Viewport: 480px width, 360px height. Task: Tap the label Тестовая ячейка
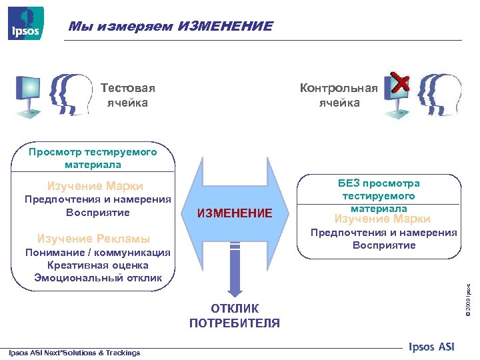pyautogui.click(x=127, y=95)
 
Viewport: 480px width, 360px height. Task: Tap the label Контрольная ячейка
pyautogui.click(x=339, y=95)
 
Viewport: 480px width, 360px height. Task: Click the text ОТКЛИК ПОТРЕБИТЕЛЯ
pyautogui.click(x=235, y=316)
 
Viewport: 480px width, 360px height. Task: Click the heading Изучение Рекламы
pyautogui.click(x=94, y=239)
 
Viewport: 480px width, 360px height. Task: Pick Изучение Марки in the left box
pyautogui.click(x=95, y=186)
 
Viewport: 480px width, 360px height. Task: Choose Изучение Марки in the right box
pyautogui.click(x=382, y=219)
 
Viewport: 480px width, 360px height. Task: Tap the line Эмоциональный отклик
pyautogui.click(x=98, y=277)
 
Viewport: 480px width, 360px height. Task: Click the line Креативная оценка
pyautogui.click(x=98, y=265)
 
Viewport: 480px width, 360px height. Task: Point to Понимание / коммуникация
pyautogui.click(x=97, y=253)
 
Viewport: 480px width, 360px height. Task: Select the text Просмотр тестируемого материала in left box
pyautogui.click(x=93, y=158)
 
